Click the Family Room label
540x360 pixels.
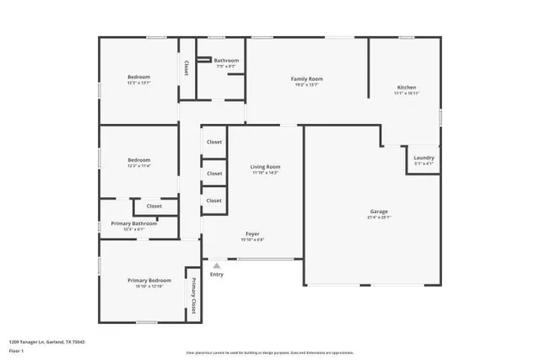pos(308,78)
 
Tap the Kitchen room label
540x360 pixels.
pos(407,88)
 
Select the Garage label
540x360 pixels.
pos(379,211)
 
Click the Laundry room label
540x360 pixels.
pos(424,158)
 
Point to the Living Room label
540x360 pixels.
pos(265,167)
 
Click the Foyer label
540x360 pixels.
pos(252,234)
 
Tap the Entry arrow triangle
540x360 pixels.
pos(217,265)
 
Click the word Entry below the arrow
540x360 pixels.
pos(217,274)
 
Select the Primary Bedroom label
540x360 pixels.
pos(149,280)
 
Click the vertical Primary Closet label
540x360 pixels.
pos(193,295)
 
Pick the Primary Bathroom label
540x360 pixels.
pos(134,223)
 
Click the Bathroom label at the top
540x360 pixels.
pos(226,61)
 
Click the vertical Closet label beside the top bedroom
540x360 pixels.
pos(186,69)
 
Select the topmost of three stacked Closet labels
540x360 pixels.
pos(214,142)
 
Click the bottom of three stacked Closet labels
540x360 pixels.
pos(214,201)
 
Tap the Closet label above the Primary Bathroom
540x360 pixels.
pos(154,206)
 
